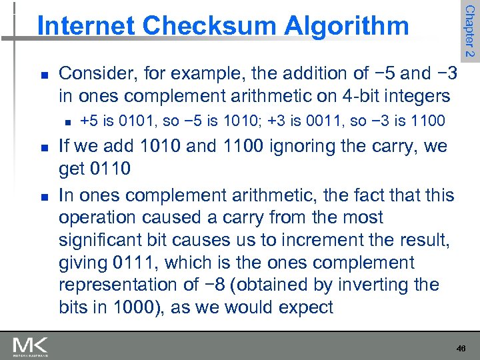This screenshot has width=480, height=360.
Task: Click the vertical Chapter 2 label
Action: pyautogui.click(x=469, y=30)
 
